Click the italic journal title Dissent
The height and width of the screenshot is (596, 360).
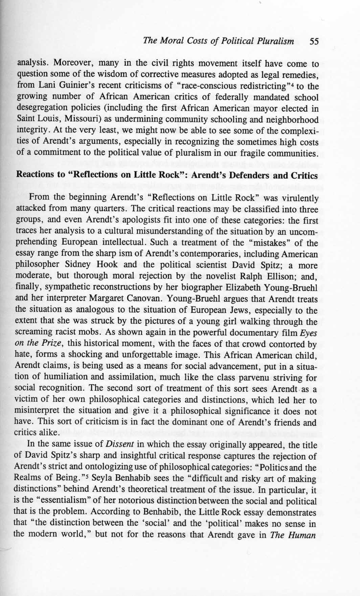[108, 445]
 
